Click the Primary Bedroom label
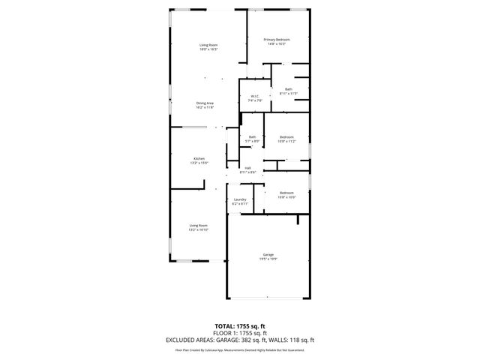click(277, 39)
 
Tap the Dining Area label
click(205, 103)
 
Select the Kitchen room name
click(199, 158)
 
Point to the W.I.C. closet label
click(255, 96)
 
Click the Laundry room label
click(239, 199)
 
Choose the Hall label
click(247, 168)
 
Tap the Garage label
click(268, 254)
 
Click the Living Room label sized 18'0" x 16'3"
click(208, 45)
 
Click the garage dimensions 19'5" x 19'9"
click(268, 259)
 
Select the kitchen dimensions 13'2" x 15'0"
click(199, 163)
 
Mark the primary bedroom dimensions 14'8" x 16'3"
click(277, 43)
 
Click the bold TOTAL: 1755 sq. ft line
click(240, 326)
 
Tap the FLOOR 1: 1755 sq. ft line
click(240, 333)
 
